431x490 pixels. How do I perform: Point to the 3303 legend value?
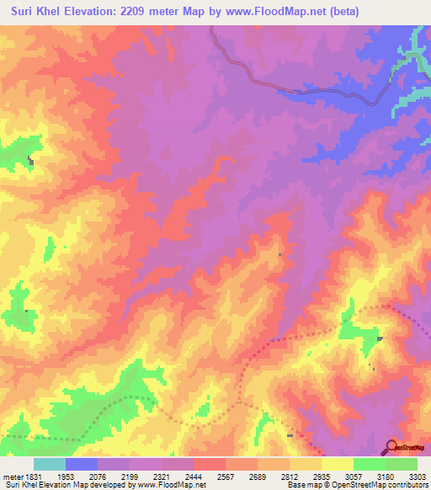click(418, 477)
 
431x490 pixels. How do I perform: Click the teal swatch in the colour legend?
click(50, 464)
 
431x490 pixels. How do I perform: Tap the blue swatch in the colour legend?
click(82, 464)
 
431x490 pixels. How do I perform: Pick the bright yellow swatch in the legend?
click(338, 464)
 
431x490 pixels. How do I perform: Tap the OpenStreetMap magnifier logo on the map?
click(391, 447)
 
